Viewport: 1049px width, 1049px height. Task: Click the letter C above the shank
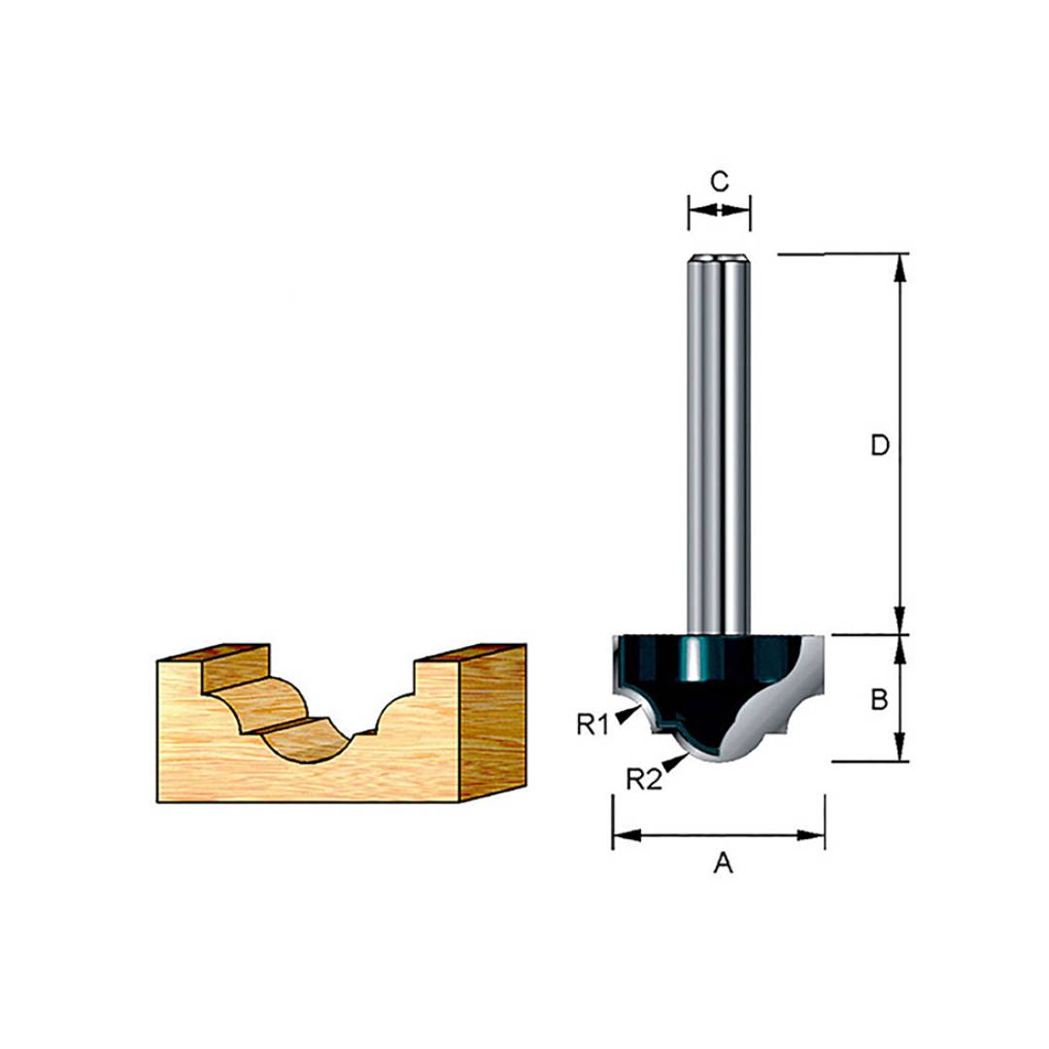(719, 180)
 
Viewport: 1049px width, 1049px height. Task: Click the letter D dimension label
(879, 446)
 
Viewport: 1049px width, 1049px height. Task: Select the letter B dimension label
(879, 699)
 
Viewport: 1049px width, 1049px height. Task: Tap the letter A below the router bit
(721, 863)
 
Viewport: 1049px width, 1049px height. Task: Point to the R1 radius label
(592, 724)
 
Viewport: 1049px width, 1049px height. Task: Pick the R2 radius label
(643, 778)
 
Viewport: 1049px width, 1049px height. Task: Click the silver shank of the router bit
(719, 437)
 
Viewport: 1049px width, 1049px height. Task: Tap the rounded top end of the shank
(719, 259)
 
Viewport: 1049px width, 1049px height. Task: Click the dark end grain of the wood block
(493, 724)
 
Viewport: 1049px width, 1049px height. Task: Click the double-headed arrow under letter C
(719, 210)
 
